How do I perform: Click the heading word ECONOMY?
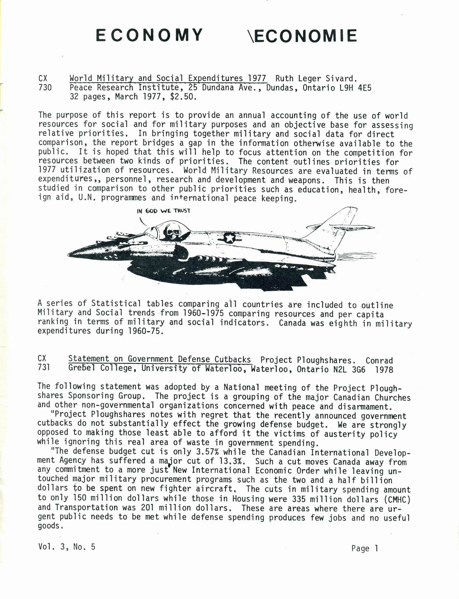click(149, 35)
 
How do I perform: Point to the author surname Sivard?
click(341, 78)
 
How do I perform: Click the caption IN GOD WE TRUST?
click(163, 211)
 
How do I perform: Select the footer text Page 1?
click(365, 548)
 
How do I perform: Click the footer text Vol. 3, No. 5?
click(66, 547)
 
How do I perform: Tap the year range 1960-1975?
click(192, 313)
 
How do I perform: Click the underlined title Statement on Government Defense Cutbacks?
click(159, 359)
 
